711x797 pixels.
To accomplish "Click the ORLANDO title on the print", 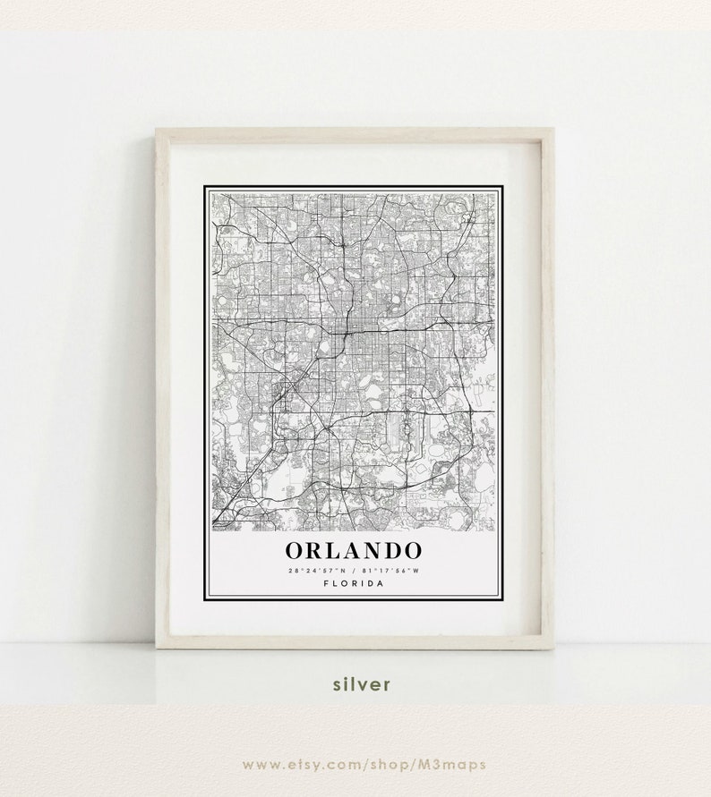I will (x=354, y=549).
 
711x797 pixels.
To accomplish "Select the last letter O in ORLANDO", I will (x=411, y=549).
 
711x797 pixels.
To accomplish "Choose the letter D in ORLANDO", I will (x=391, y=549).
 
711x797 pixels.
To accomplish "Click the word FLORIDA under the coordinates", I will (x=354, y=583).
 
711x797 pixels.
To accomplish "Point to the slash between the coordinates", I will (x=354, y=570).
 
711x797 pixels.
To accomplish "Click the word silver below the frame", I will (x=362, y=684).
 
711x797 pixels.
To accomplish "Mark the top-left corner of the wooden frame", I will (x=158, y=131).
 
